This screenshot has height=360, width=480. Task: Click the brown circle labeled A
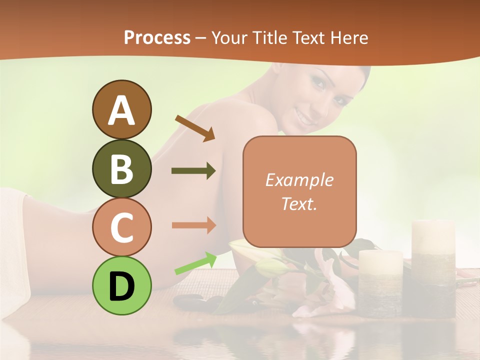tap(121, 110)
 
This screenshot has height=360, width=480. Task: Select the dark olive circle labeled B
tap(121, 168)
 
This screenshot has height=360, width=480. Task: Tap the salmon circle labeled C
tap(121, 227)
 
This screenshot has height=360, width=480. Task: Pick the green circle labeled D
tap(121, 285)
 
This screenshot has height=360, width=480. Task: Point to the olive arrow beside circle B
tap(193, 171)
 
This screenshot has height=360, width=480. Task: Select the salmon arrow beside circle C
tap(193, 225)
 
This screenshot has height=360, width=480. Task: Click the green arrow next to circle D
tap(195, 263)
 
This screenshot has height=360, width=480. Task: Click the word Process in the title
tap(157, 38)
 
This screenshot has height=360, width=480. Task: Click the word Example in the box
tap(299, 180)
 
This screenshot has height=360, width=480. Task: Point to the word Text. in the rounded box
tap(299, 203)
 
